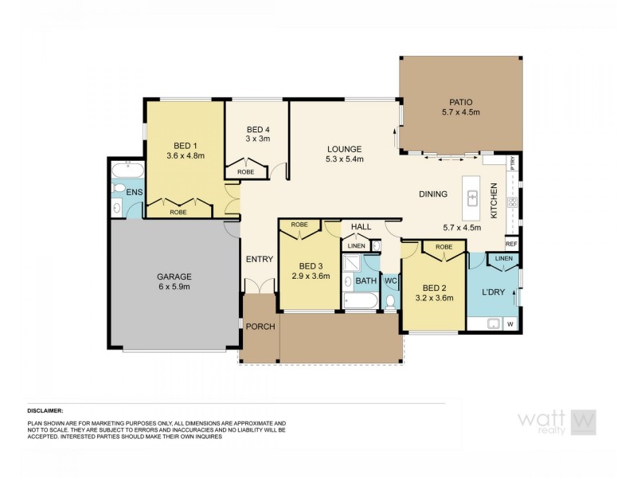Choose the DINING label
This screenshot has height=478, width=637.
(x=433, y=194)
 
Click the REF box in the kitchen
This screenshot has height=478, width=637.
(x=511, y=244)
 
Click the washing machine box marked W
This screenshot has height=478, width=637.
(x=510, y=323)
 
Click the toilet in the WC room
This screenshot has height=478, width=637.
(x=390, y=300)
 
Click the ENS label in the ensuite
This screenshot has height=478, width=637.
(x=134, y=191)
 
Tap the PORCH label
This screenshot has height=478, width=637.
(x=259, y=326)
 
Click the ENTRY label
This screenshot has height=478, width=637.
(x=259, y=259)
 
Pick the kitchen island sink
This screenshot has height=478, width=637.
(x=472, y=197)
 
